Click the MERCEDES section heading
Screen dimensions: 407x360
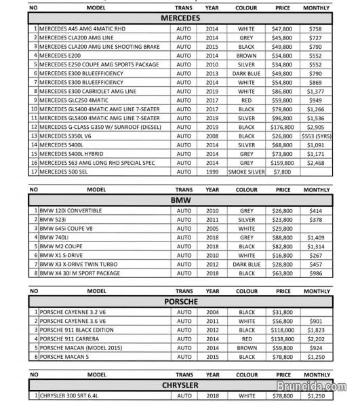click(x=180, y=18)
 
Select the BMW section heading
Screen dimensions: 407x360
click(x=180, y=201)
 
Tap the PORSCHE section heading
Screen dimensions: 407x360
click(x=180, y=302)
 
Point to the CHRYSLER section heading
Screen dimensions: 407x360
click(x=180, y=385)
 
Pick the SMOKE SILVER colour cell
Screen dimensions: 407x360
click(x=246, y=172)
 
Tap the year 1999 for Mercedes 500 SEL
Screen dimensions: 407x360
click(x=212, y=172)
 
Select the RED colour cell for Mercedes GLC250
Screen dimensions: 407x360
click(x=246, y=99)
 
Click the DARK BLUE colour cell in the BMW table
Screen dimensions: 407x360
click(x=246, y=265)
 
